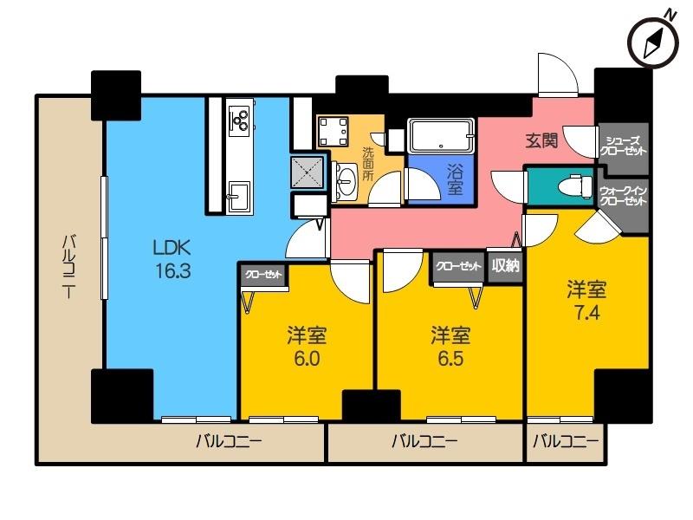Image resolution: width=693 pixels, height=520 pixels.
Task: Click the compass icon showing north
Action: click(x=651, y=40)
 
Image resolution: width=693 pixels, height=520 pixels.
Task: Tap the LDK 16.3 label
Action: click(x=172, y=257)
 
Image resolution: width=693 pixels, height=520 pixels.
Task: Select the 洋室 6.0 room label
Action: click(x=307, y=344)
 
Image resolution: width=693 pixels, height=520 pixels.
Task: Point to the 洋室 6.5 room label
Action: click(x=451, y=344)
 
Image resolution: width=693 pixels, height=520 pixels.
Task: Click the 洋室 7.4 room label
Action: click(x=586, y=298)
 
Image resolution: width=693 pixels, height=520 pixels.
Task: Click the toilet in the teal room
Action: click(x=574, y=185)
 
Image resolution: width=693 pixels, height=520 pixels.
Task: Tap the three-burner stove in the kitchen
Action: click(x=239, y=118)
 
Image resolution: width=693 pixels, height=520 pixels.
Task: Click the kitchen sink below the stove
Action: click(x=237, y=193)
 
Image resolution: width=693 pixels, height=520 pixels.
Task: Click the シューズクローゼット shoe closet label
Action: click(x=623, y=145)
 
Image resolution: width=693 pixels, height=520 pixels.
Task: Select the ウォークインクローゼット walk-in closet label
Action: click(x=623, y=196)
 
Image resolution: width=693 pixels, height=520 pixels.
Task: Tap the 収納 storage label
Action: click(x=505, y=266)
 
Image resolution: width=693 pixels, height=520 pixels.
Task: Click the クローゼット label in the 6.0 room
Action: click(x=263, y=275)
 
